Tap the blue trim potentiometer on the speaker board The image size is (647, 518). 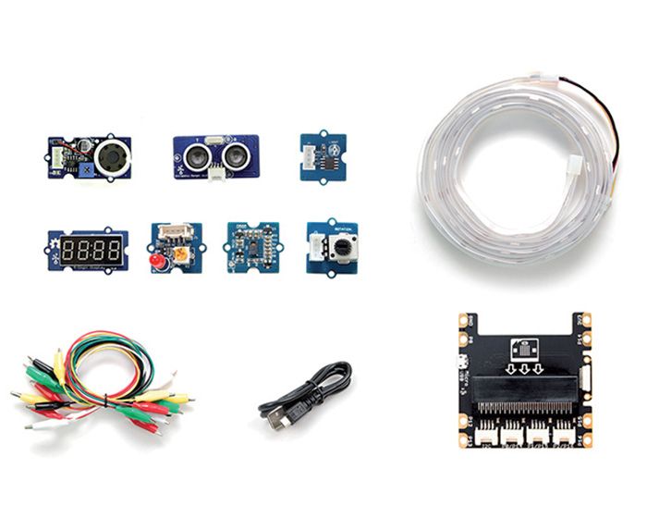coord(86,170)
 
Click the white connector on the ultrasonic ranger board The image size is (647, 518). coord(215,172)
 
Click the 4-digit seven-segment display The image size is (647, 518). coord(90,250)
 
